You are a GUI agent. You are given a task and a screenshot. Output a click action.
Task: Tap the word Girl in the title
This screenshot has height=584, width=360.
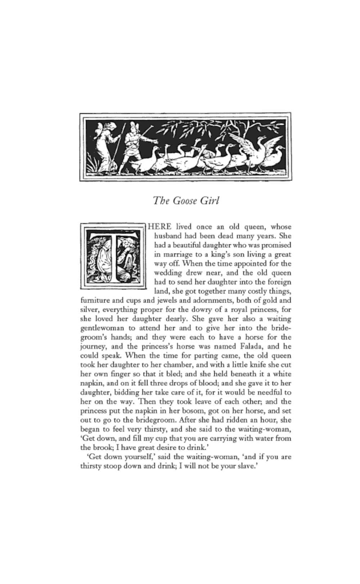[x=210, y=200]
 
